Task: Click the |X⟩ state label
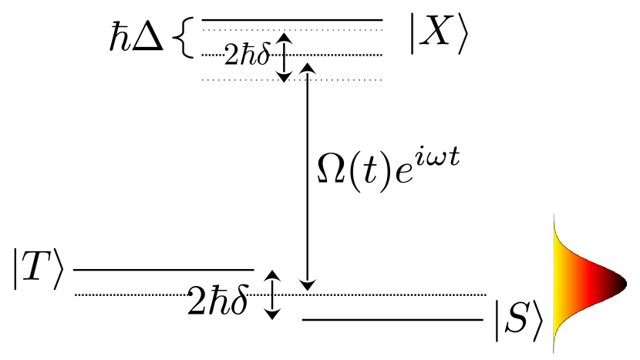(x=437, y=39)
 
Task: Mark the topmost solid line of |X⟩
(x=292, y=20)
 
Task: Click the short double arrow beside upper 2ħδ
(x=285, y=57)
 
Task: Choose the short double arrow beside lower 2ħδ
(x=270, y=294)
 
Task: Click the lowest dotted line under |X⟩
(x=292, y=79)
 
